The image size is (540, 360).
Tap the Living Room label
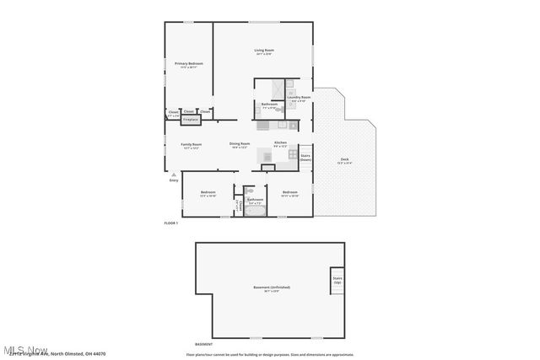point(264,51)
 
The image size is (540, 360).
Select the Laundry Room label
point(300,99)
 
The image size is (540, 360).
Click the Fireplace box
point(190,120)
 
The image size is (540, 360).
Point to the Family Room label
point(192,145)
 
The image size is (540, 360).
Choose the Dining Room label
point(240,145)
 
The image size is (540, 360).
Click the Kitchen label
point(281,144)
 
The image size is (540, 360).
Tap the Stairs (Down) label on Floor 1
point(305,157)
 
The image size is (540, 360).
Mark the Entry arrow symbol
point(174,174)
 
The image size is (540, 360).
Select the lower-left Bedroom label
point(208,195)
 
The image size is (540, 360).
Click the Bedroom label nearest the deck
point(290,195)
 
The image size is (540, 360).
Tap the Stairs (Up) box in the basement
point(337,279)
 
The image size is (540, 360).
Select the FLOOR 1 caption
point(172,223)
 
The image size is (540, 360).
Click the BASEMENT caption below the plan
point(203,344)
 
